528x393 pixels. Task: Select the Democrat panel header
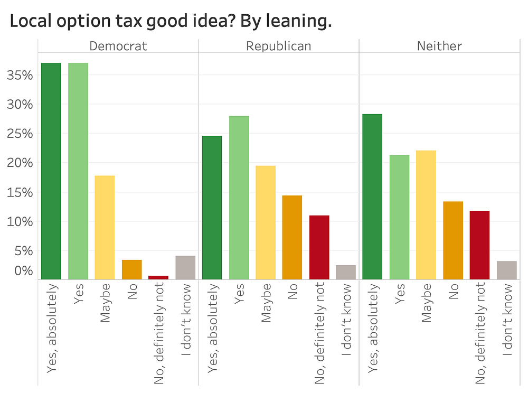118,46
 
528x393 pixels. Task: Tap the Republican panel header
279,46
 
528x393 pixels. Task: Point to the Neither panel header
439,46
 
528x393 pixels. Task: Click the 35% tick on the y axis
20,75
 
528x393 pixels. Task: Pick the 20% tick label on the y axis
20,163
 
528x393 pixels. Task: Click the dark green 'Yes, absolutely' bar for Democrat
51,171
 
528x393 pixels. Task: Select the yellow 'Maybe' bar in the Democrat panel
105,227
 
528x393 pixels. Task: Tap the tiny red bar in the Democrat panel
158,277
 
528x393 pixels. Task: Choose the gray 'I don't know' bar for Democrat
185,267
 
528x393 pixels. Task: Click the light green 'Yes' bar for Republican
239,198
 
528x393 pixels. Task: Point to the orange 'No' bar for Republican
292,237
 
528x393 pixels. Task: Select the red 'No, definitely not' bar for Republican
319,247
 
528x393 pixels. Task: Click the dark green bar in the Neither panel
372,196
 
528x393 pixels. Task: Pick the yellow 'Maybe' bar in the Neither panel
426,214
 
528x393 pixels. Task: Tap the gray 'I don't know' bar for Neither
506,270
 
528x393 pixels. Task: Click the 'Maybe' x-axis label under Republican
266,303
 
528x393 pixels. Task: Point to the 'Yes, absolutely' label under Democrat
52,328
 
